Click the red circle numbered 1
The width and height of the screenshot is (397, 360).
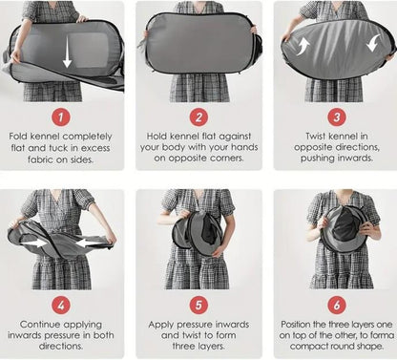pos(61,117)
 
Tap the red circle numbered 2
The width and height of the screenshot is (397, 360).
pos(198,117)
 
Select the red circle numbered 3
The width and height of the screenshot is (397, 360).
pos(337,117)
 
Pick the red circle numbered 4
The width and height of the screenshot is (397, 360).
pos(61,305)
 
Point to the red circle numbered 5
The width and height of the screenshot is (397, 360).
pos(198,305)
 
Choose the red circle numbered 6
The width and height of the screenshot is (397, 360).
pos(337,305)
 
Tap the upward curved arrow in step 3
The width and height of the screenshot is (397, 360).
pos(303,47)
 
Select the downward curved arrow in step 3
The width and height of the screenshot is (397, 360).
pos(373,43)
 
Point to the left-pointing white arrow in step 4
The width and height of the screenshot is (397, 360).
pos(91,244)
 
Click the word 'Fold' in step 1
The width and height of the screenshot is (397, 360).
pos(18,137)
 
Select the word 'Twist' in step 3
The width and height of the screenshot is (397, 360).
pos(316,137)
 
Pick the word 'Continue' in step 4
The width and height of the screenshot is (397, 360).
pos(39,325)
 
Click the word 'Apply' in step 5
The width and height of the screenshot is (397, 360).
pos(161,325)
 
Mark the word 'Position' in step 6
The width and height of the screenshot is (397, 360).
pos(296,325)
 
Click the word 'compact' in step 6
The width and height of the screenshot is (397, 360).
pos(308,347)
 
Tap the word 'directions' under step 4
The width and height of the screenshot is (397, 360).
pos(61,346)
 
